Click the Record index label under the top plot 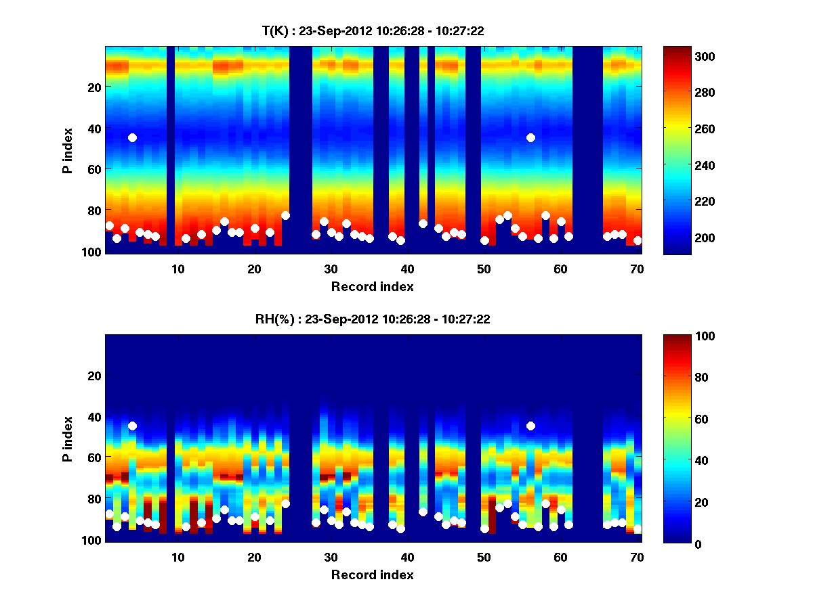pyautogui.click(x=372, y=286)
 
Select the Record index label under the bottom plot pyautogui.click(x=372, y=574)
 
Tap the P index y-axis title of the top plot pyautogui.click(x=68, y=150)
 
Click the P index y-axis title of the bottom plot pyautogui.click(x=68, y=438)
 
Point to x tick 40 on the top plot pyautogui.click(x=407, y=268)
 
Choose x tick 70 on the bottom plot pyautogui.click(x=637, y=556)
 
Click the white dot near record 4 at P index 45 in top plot pyautogui.click(x=132, y=137)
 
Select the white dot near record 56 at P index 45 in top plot pyautogui.click(x=530, y=137)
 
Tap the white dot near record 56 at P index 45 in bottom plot pyautogui.click(x=530, y=426)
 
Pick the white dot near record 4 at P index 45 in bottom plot pyautogui.click(x=132, y=426)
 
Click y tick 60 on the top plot pyautogui.click(x=94, y=169)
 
